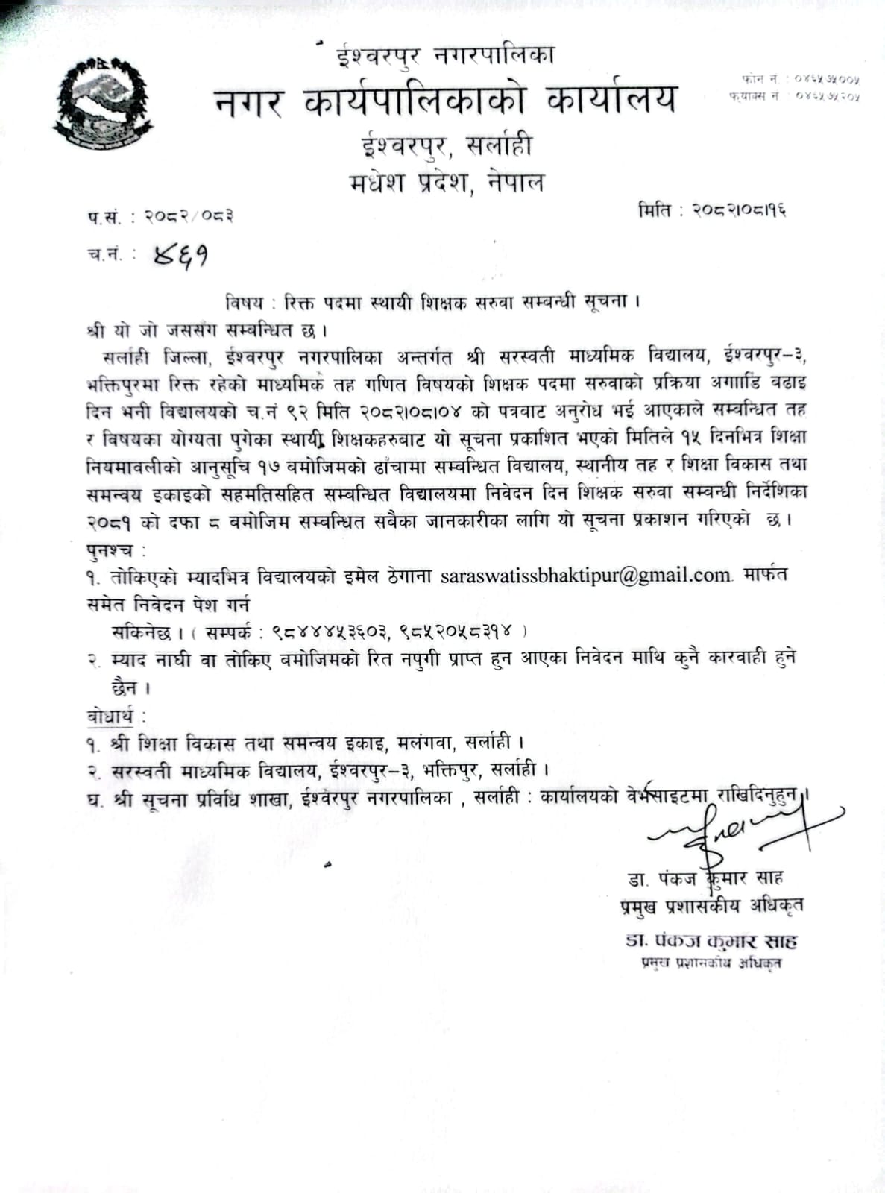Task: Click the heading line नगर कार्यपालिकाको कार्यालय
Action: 446,100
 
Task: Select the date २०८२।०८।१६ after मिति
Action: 738,211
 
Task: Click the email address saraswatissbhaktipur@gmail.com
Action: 586,576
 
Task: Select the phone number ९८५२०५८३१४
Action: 455,632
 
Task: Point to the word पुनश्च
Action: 112,550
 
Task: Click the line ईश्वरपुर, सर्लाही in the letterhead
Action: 446,145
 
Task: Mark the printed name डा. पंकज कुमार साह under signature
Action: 705,878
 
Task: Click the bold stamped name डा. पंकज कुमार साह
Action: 711,940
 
